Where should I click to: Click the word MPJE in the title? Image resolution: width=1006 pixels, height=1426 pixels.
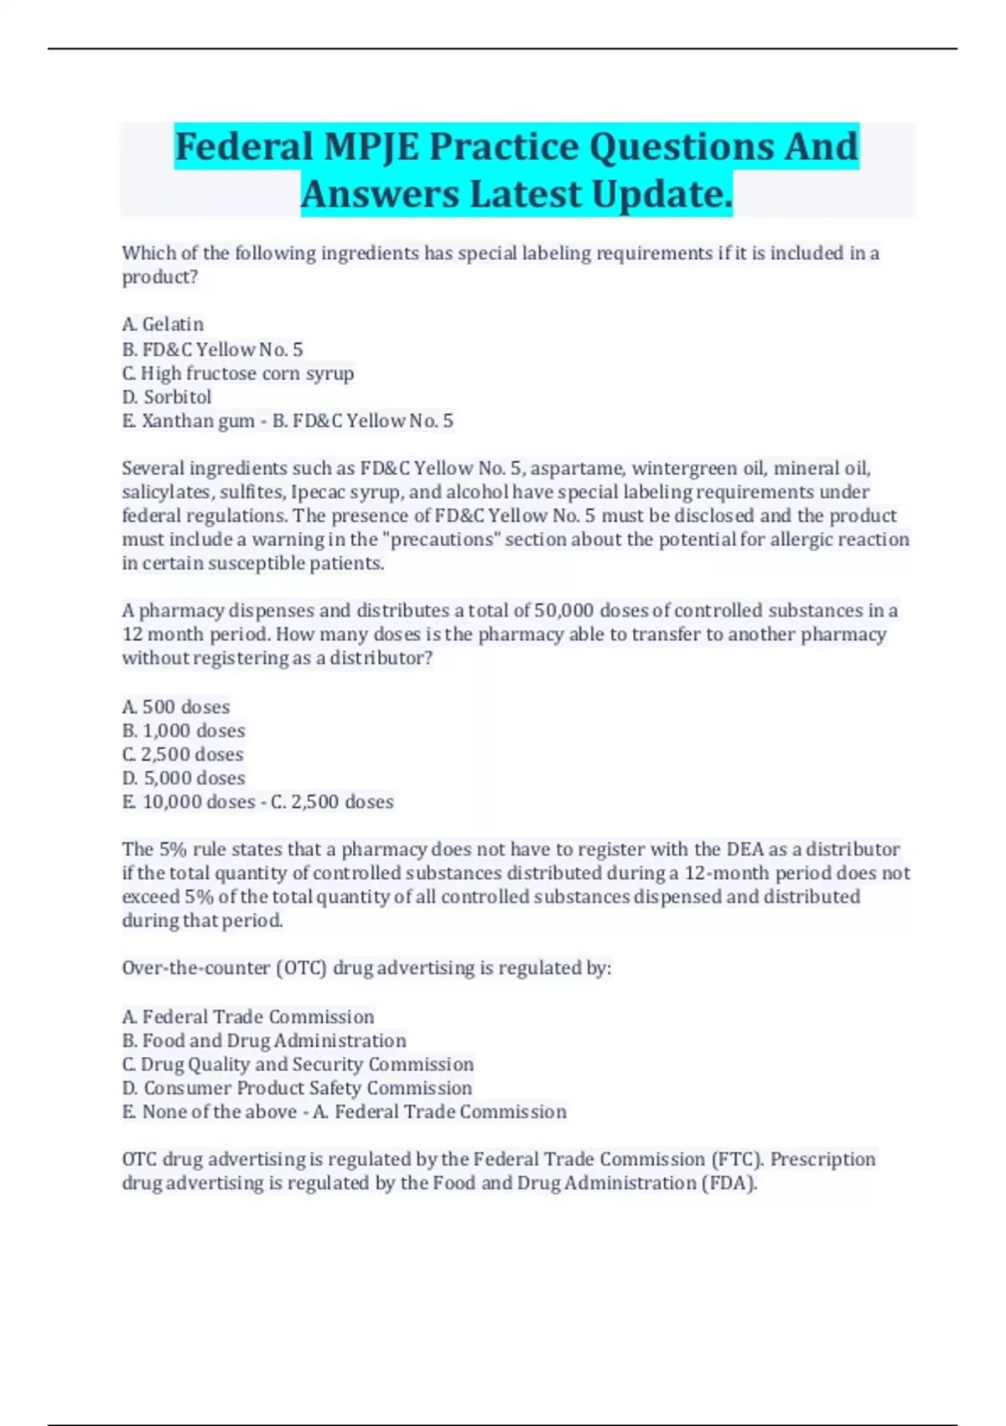[x=370, y=147]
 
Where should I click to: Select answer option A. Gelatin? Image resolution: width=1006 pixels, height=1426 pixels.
[x=163, y=325]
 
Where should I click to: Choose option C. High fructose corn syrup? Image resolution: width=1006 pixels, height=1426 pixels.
[x=238, y=373]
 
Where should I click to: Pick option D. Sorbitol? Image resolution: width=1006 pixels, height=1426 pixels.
[x=167, y=397]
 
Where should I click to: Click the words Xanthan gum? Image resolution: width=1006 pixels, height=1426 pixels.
[x=199, y=421]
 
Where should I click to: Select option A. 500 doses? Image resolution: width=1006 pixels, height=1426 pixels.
[x=176, y=707]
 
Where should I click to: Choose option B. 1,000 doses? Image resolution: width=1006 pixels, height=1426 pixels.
[x=184, y=731]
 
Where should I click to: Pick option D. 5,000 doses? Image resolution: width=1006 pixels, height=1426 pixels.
[x=184, y=778]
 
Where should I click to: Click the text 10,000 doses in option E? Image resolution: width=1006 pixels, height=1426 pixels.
[x=199, y=802]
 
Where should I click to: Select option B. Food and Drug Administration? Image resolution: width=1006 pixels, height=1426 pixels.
[x=264, y=1041]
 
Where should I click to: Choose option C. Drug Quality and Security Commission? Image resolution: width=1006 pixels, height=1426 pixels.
[x=298, y=1064]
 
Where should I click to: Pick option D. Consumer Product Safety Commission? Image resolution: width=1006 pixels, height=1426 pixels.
[x=297, y=1088]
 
